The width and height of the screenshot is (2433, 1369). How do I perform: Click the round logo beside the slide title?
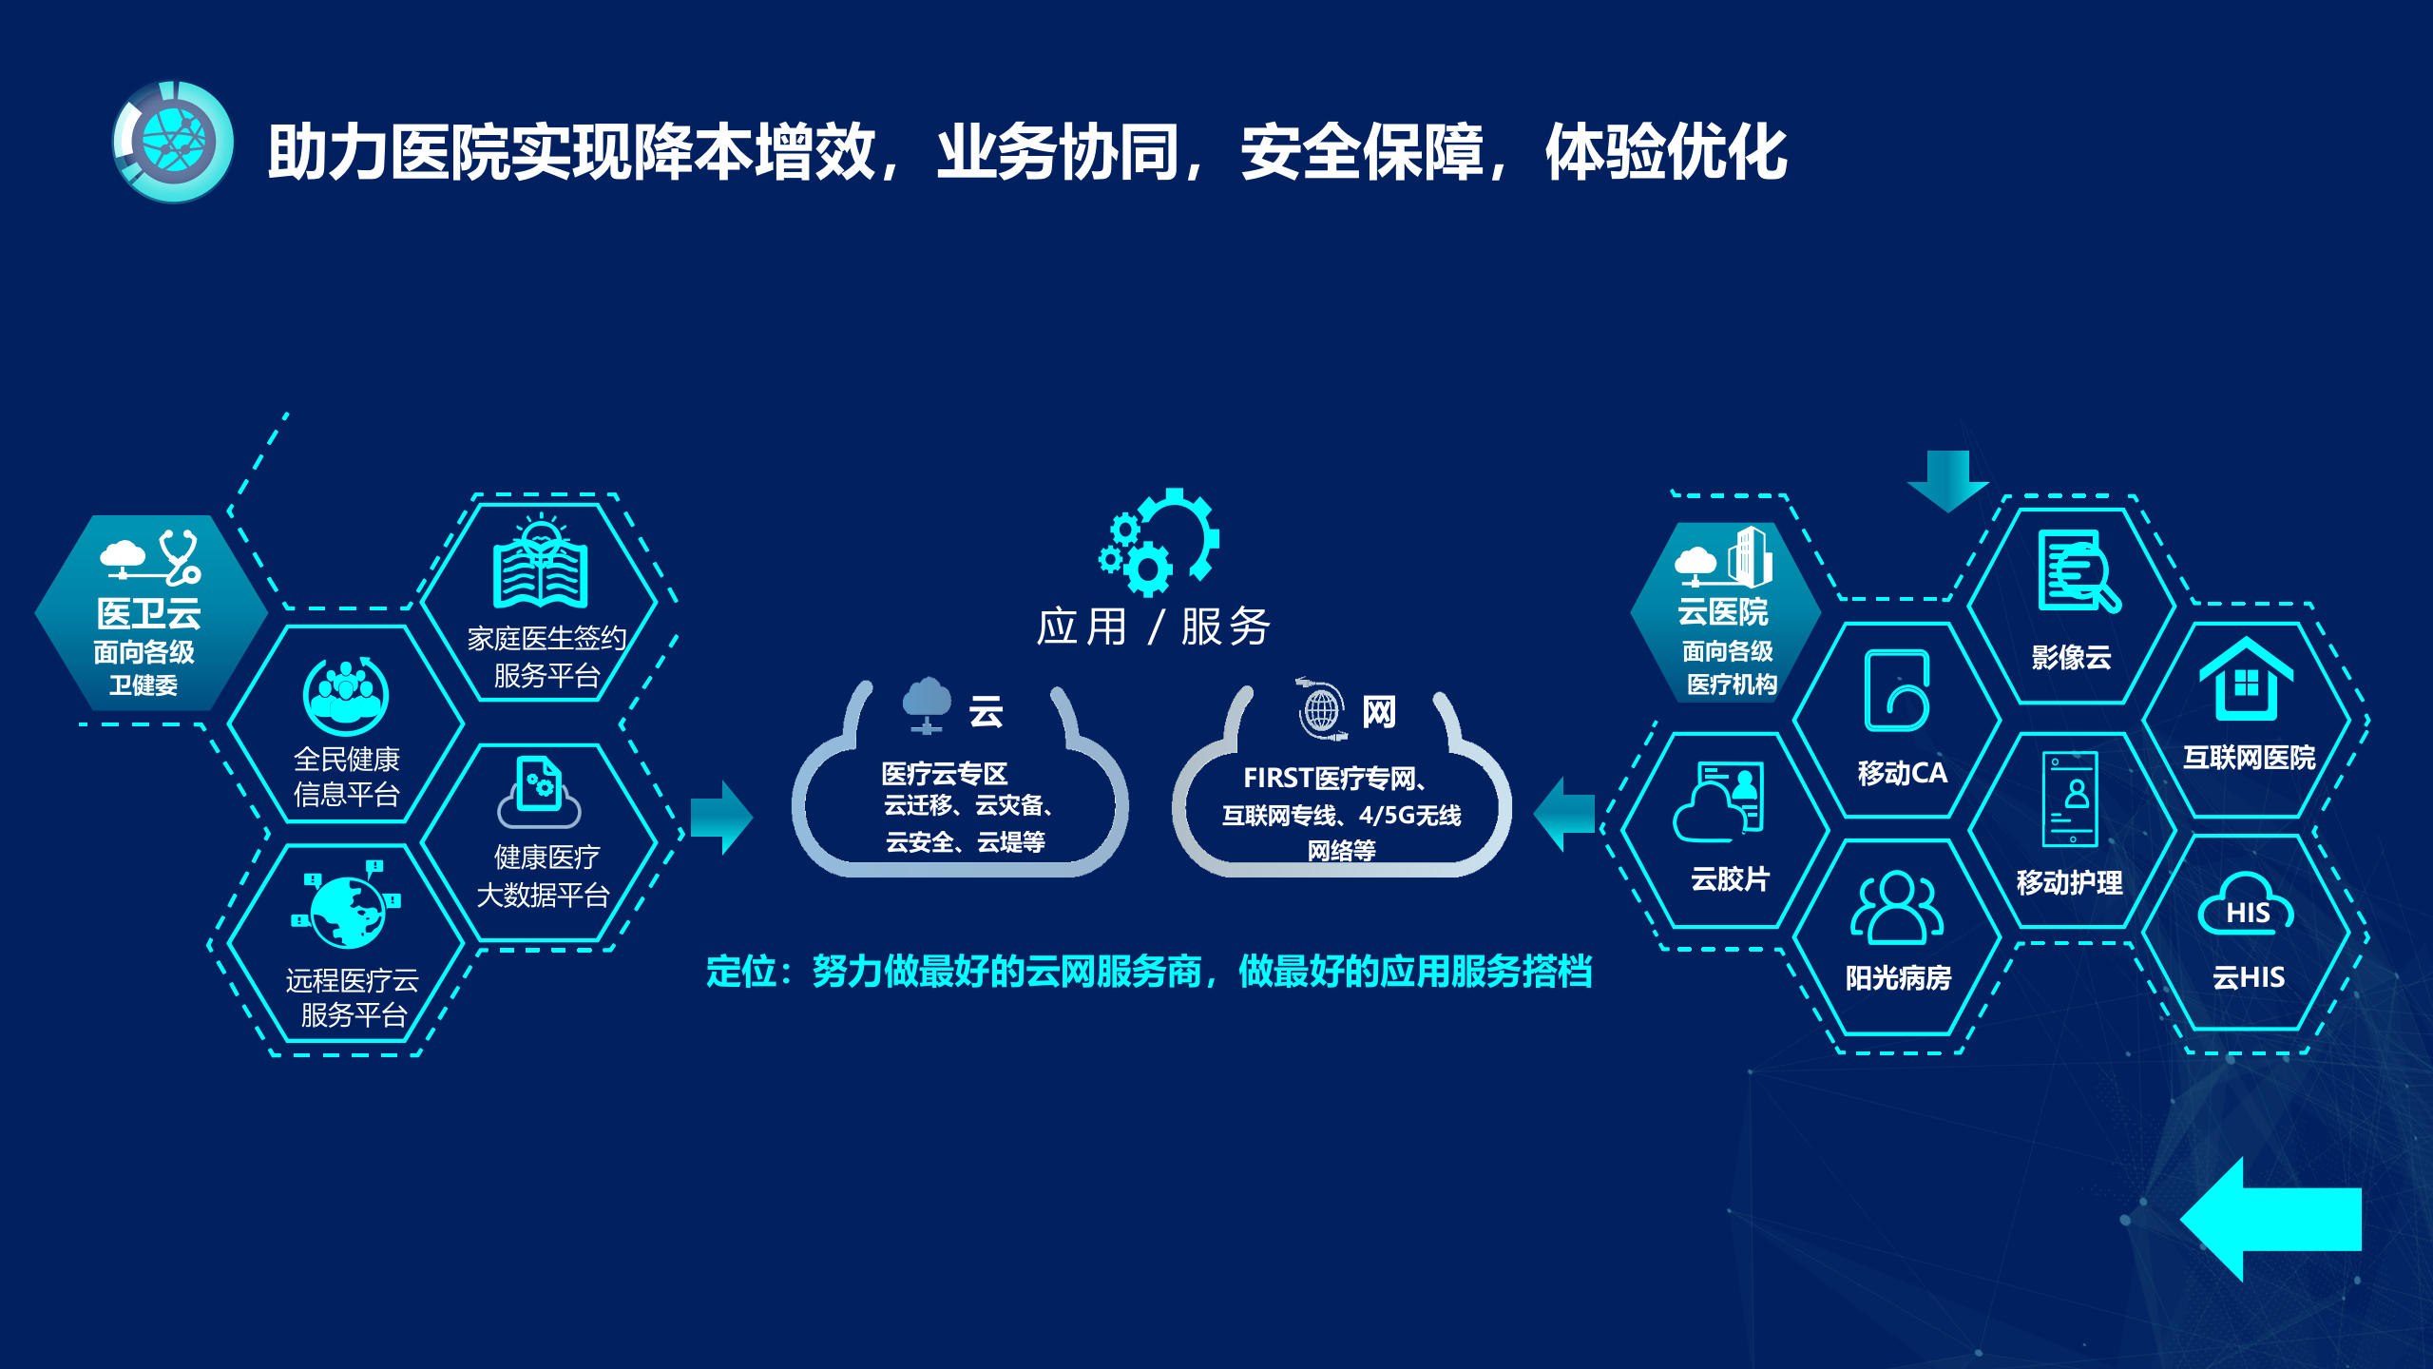pyautogui.click(x=173, y=142)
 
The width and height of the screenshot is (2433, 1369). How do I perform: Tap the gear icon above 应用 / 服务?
pyautogui.click(x=1159, y=542)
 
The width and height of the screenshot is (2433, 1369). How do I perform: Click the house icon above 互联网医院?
pyautogui.click(x=2246, y=679)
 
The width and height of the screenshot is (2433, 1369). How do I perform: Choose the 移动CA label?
pyautogui.click(x=1902, y=773)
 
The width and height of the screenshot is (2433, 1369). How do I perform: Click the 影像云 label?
pyautogui.click(x=2071, y=657)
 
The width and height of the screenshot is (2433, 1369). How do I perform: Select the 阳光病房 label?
pyautogui.click(x=1898, y=977)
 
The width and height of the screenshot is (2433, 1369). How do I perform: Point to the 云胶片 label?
pyautogui.click(x=1730, y=878)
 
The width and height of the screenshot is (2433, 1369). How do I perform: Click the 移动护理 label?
pyautogui.click(x=2069, y=882)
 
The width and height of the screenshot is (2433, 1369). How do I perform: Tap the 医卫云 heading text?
pyautogui.click(x=148, y=614)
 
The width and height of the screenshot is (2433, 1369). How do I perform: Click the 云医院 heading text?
pyautogui.click(x=1722, y=612)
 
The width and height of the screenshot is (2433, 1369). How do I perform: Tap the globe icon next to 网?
pyautogui.click(x=1322, y=709)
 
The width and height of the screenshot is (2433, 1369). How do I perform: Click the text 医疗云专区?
pyautogui.click(x=944, y=773)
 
